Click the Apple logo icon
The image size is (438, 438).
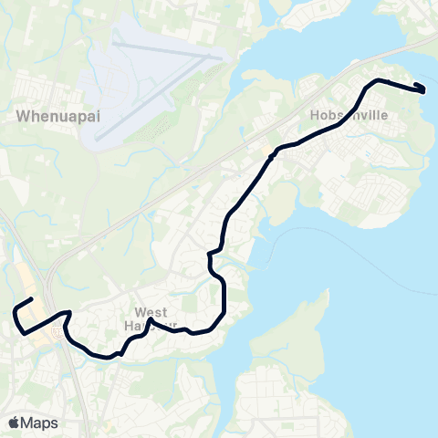coord(14,422)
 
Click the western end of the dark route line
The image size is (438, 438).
coord(32,299)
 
